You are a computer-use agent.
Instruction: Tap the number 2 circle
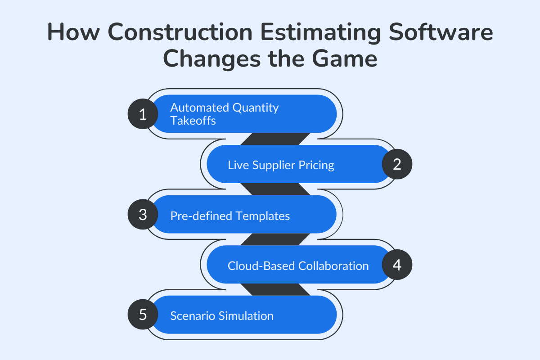397,164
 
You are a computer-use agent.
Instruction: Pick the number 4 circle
397,265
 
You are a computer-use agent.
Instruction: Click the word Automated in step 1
199,108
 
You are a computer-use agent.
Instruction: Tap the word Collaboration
333,266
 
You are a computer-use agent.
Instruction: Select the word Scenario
193,316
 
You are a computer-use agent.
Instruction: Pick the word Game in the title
346,59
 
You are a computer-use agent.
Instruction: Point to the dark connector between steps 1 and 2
275,139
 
